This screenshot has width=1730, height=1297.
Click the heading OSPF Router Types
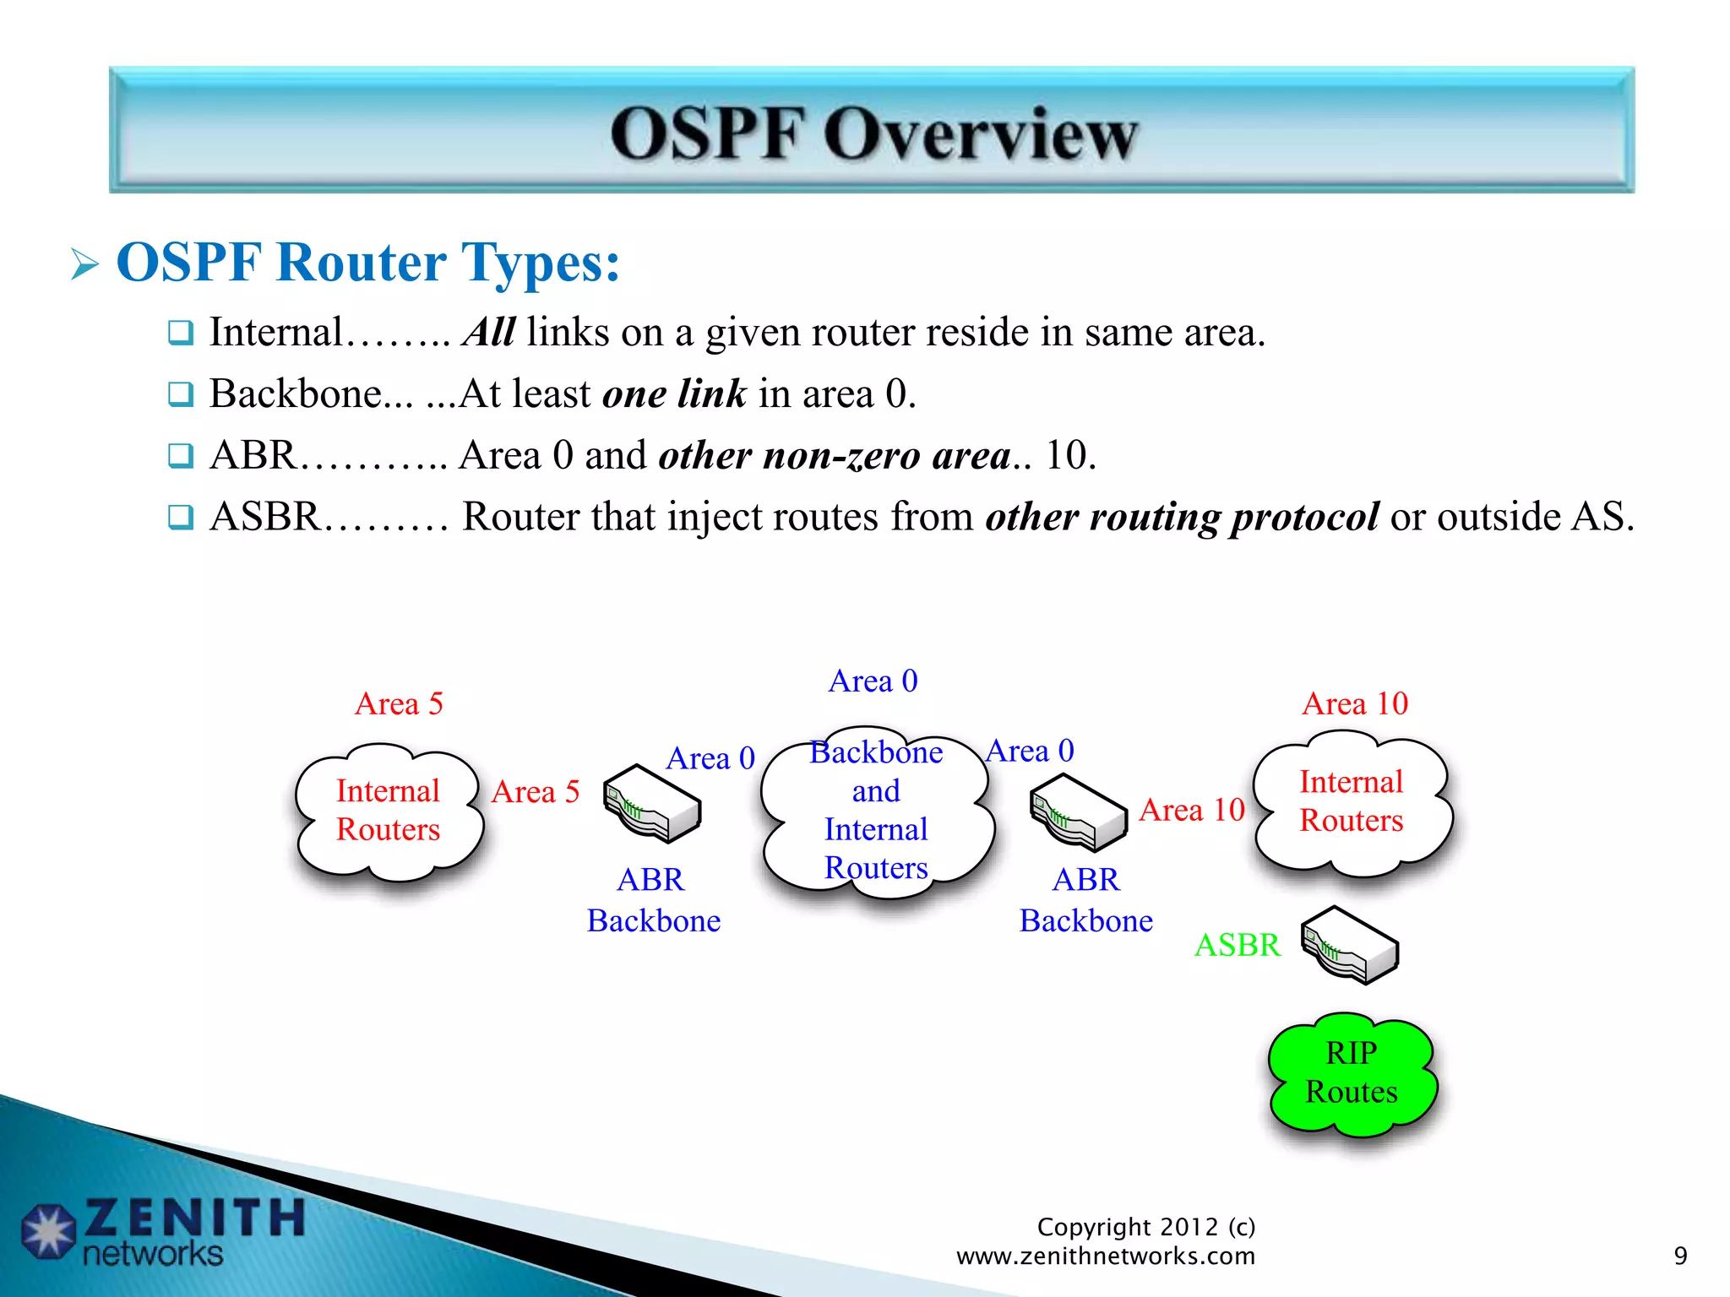click(367, 262)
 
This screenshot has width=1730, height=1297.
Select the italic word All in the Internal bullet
click(488, 332)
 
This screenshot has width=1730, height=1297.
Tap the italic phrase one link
click(674, 393)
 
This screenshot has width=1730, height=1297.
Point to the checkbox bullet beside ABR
click(180, 455)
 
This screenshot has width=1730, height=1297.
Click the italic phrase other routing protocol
click(1182, 517)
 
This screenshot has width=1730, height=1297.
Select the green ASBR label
click(1237, 945)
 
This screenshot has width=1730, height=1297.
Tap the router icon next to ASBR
click(1349, 945)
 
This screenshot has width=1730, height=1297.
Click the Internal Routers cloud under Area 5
click(388, 811)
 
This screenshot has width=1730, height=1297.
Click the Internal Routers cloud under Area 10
click(1351, 802)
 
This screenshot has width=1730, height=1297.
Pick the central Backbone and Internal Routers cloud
click(876, 811)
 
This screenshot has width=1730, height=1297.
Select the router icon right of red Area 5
click(651, 803)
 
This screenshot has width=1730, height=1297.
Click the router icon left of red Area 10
click(1078, 812)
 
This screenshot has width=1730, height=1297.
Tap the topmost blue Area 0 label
click(873, 681)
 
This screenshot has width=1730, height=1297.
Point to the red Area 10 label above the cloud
click(1354, 703)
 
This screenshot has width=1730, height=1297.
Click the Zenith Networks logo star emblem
click(48, 1231)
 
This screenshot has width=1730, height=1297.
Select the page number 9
click(1680, 1256)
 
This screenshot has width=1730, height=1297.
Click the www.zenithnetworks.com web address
click(1105, 1256)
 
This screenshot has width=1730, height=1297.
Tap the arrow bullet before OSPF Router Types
click(84, 264)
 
